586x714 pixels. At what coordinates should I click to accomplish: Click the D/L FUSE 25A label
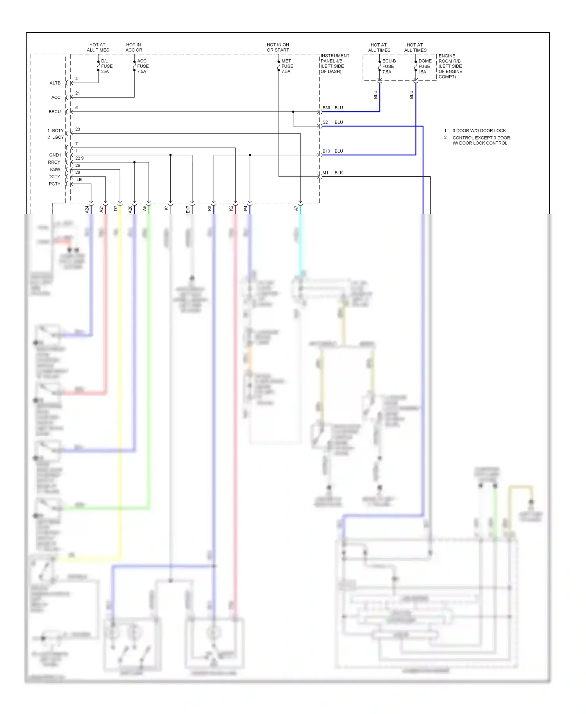(106, 66)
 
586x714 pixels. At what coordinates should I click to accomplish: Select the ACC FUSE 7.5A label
(143, 66)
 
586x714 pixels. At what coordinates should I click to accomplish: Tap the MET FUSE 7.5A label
(287, 66)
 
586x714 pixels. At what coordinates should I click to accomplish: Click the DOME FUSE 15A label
(425, 66)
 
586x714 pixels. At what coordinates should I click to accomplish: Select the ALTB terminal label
(55, 83)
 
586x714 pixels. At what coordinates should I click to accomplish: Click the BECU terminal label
(54, 112)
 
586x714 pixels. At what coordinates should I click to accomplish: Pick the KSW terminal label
(55, 170)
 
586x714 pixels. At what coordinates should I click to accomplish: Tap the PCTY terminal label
(54, 184)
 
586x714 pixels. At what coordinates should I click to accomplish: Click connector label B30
(326, 108)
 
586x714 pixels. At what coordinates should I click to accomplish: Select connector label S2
(325, 122)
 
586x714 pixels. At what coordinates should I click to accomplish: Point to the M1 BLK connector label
(332, 173)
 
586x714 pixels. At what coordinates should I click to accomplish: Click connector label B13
(326, 151)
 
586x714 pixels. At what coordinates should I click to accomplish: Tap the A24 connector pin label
(87, 209)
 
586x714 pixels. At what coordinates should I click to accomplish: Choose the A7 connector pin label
(296, 209)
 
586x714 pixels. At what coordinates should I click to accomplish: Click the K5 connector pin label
(209, 209)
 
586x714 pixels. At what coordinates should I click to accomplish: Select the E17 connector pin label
(188, 209)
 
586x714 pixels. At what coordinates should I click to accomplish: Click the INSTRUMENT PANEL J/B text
(334, 64)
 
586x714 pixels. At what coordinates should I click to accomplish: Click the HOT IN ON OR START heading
(278, 48)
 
